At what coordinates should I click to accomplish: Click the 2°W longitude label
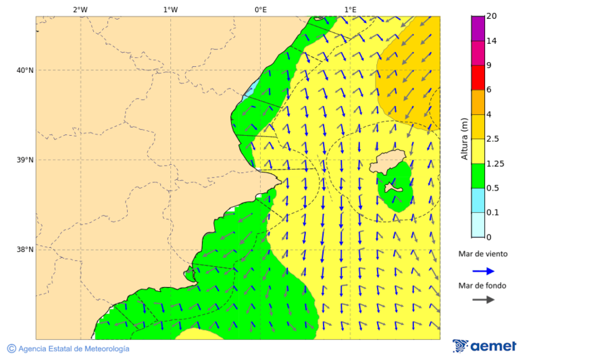(x=80, y=9)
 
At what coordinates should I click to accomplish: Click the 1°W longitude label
(x=170, y=9)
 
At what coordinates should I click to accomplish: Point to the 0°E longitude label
(x=260, y=9)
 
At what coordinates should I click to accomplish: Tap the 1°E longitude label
(x=350, y=9)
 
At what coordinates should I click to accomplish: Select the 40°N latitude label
(x=24, y=70)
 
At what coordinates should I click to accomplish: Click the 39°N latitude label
(x=24, y=160)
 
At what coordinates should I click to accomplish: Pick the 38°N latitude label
(x=24, y=250)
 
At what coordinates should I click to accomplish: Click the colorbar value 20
(x=492, y=16)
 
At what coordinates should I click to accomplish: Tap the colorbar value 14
(x=492, y=41)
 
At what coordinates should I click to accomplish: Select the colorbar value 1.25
(x=496, y=163)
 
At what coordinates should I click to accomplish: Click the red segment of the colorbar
(x=478, y=77)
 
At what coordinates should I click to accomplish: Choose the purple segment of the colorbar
(x=478, y=28)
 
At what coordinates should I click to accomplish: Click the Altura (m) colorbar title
(x=464, y=138)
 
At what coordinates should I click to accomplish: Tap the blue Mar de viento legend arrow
(x=483, y=271)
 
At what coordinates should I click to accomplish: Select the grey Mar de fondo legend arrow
(x=483, y=299)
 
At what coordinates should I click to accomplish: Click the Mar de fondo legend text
(x=482, y=286)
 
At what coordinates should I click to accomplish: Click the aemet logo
(x=484, y=346)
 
